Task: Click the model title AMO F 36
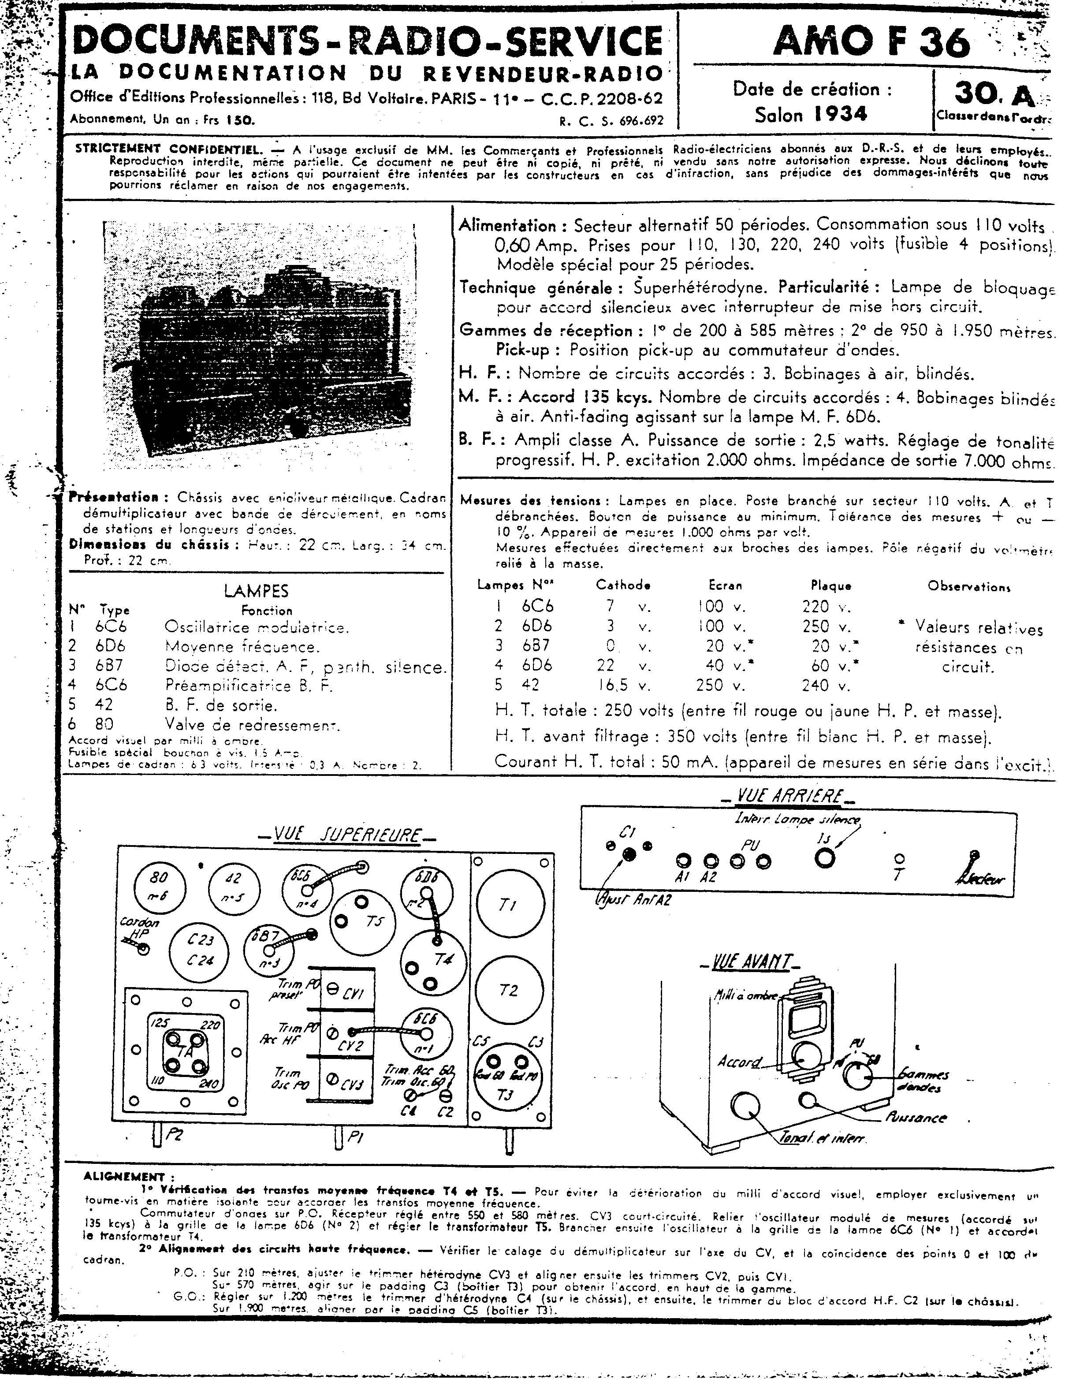tap(871, 43)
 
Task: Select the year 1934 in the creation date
tap(841, 114)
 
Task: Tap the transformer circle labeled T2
tap(509, 991)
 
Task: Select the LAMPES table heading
tap(256, 591)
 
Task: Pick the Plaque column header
tap(830, 585)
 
